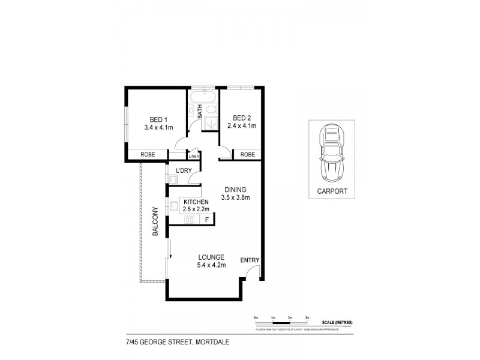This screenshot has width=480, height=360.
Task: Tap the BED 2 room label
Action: pos(241,117)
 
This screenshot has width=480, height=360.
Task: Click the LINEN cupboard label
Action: pos(193,157)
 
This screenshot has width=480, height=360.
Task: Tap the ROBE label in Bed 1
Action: pos(148,155)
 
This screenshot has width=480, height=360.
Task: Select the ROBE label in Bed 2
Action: pos(247,155)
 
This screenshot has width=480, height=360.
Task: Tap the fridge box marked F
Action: pos(207,220)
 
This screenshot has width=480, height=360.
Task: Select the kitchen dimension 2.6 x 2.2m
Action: pos(196,209)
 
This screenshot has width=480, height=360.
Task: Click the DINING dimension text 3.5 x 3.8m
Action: pos(235,197)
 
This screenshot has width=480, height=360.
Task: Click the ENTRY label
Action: pos(250,260)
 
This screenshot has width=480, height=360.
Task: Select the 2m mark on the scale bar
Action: pos(290,317)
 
